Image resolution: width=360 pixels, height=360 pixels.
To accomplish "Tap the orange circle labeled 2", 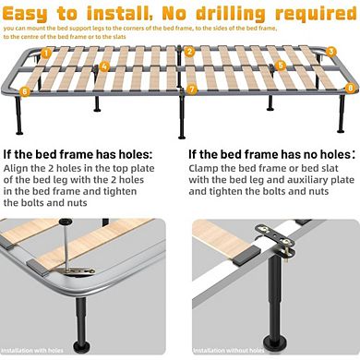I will coord(189,52).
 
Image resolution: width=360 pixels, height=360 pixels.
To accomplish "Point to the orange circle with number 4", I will coord(105,66).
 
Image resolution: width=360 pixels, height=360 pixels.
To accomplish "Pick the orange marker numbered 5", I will coord(281,66).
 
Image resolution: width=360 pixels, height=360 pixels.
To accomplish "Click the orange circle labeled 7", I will coord(192,90).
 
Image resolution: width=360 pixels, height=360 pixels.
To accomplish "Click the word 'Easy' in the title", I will coord(38,14).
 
